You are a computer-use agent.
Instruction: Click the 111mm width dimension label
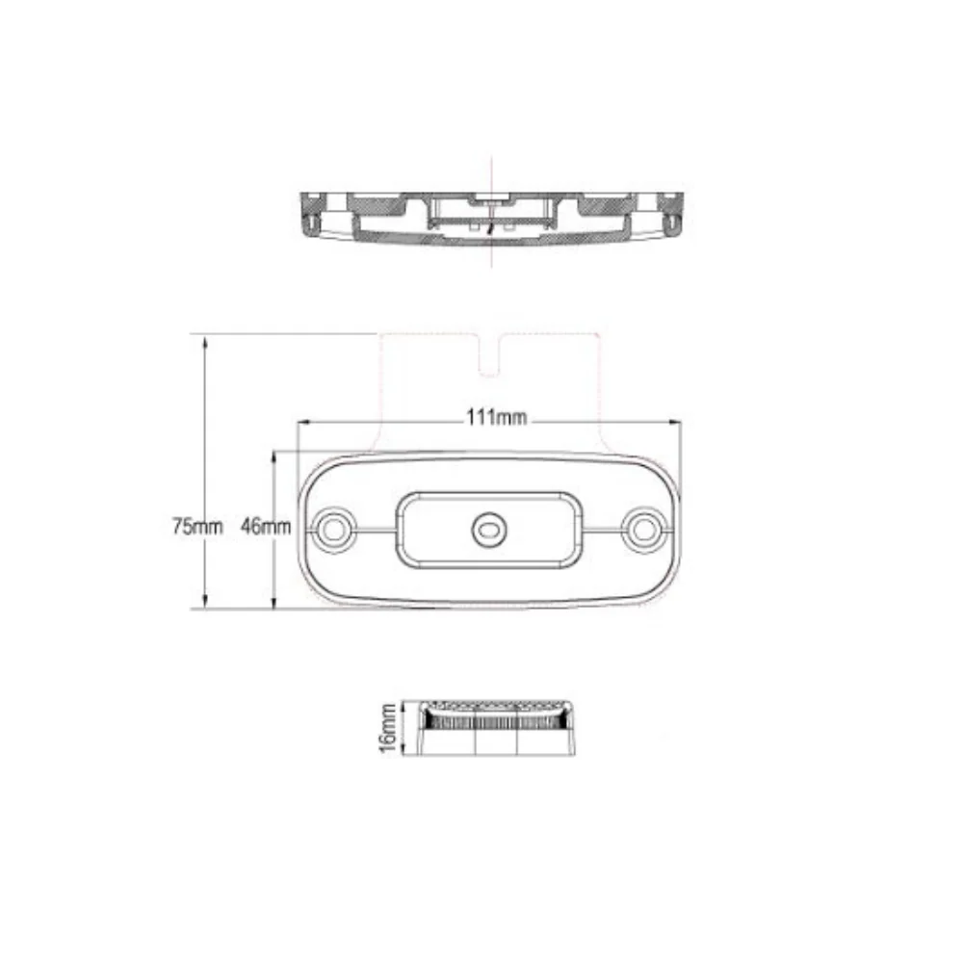(496, 418)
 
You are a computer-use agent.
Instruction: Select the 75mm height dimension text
(197, 527)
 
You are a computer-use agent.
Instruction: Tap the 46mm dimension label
(266, 527)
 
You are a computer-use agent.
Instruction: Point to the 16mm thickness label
(388, 728)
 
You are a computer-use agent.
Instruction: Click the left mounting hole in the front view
(334, 530)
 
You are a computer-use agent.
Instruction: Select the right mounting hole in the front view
(643, 530)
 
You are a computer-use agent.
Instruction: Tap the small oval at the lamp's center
(488, 530)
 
